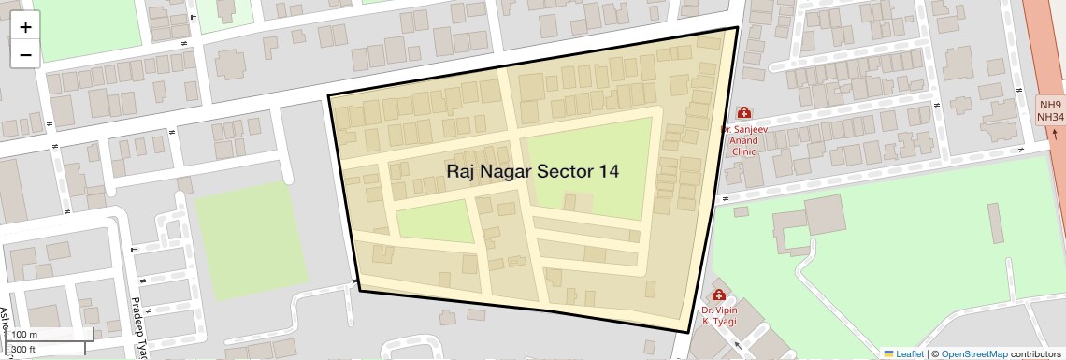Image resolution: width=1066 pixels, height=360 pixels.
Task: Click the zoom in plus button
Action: (25, 27)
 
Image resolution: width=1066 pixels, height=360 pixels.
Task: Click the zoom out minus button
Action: (25, 54)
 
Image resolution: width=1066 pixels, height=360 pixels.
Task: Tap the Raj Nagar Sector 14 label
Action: (532, 171)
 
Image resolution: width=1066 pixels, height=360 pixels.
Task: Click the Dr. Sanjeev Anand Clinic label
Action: (743, 139)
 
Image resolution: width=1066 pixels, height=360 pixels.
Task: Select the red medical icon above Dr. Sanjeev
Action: (743, 112)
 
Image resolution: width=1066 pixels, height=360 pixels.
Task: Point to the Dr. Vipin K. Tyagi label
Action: (719, 315)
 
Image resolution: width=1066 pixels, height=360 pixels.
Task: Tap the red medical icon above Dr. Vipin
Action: (719, 295)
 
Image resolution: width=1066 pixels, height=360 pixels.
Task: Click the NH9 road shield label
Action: (1050, 104)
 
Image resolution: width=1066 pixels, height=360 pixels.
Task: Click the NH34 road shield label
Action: (1051, 117)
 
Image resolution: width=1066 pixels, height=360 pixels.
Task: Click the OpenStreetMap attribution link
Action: (973, 353)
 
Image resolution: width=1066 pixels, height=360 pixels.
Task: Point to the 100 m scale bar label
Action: (24, 335)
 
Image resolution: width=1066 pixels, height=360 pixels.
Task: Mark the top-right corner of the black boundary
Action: (737, 28)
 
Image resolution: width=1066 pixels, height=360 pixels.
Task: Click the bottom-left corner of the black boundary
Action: (360, 290)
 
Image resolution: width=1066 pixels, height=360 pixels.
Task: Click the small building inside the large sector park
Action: (582, 200)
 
